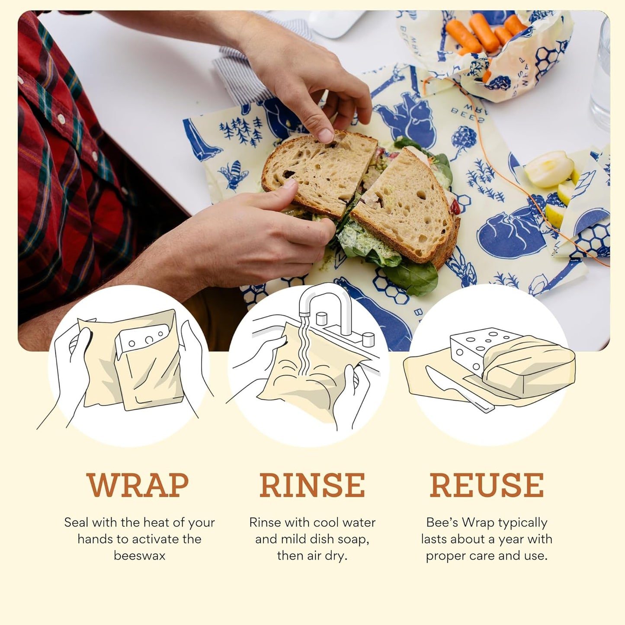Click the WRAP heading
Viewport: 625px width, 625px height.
coord(138,485)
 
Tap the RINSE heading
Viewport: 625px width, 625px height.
coord(312,485)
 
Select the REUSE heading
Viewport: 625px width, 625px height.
coord(487,485)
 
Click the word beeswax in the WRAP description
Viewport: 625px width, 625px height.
coord(139,556)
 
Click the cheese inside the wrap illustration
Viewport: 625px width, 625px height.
coord(143,342)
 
